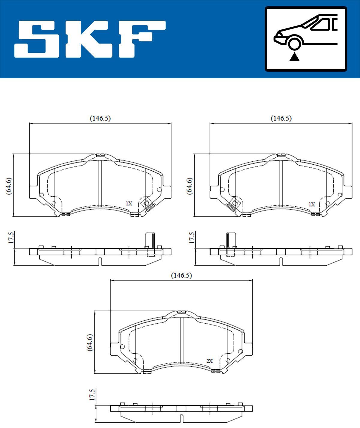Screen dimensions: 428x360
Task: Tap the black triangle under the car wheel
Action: click(295, 56)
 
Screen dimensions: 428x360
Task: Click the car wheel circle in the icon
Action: click(294, 43)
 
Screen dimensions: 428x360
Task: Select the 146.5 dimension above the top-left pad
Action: click(100, 118)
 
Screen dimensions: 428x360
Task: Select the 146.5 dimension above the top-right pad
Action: click(281, 118)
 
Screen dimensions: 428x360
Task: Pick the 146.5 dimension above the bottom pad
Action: click(181, 275)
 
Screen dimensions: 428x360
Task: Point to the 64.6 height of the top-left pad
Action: click(9, 186)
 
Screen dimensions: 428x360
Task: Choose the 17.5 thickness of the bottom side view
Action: click(92, 394)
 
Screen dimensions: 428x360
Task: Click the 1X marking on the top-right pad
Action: click(312, 204)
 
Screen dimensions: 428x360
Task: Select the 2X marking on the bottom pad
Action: click(209, 361)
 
